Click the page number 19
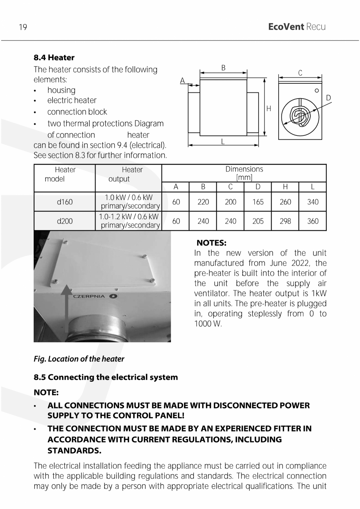pos(23,27)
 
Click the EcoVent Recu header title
pos(297,27)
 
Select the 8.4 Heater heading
pos(54,58)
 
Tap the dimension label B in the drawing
pos(223,68)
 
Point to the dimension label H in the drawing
pos(269,108)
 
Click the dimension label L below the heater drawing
pos(223,141)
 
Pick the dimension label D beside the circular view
pos(328,97)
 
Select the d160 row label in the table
pos(65,202)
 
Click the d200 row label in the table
pos(65,221)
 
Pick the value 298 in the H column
pos(285,221)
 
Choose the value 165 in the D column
pos(258,202)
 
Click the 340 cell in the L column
pos(313,202)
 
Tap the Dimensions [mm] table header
pos(244,173)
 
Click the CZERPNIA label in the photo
pos(89,296)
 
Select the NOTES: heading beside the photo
pos(211,243)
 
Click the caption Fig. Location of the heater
pos(79,359)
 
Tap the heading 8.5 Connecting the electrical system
pos(106,377)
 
